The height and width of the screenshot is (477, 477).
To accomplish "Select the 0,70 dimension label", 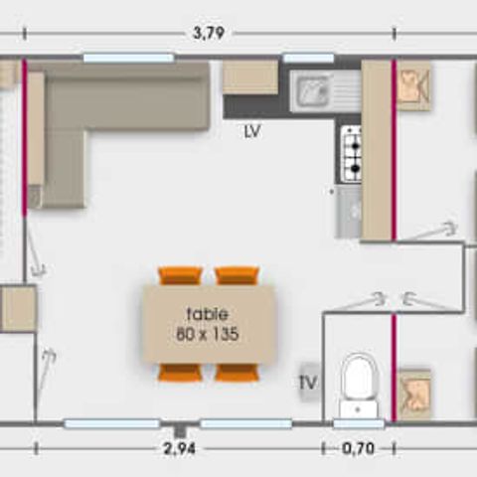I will pyautogui.click(x=358, y=448).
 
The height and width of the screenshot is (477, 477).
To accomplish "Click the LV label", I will pyautogui.click(x=251, y=130).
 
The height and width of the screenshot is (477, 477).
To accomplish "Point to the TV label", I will pyautogui.click(x=308, y=381).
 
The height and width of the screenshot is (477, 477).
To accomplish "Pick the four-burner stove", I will pyautogui.click(x=352, y=153).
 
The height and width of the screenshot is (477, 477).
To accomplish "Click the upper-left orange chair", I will pyautogui.click(x=180, y=275).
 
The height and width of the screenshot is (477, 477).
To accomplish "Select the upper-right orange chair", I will pyautogui.click(x=237, y=275).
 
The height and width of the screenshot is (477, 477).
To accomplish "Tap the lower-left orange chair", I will pyautogui.click(x=180, y=373).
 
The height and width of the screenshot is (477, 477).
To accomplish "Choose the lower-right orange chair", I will pyautogui.click(x=237, y=373).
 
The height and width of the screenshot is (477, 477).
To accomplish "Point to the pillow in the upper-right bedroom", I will pyautogui.click(x=414, y=86).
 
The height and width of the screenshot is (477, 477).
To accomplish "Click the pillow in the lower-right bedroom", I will pyautogui.click(x=414, y=394).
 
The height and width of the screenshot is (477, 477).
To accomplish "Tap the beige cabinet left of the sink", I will pyautogui.click(x=249, y=78).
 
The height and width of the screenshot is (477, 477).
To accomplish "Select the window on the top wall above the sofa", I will pyautogui.click(x=128, y=58).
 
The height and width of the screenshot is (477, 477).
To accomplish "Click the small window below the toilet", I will pyautogui.click(x=358, y=424).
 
